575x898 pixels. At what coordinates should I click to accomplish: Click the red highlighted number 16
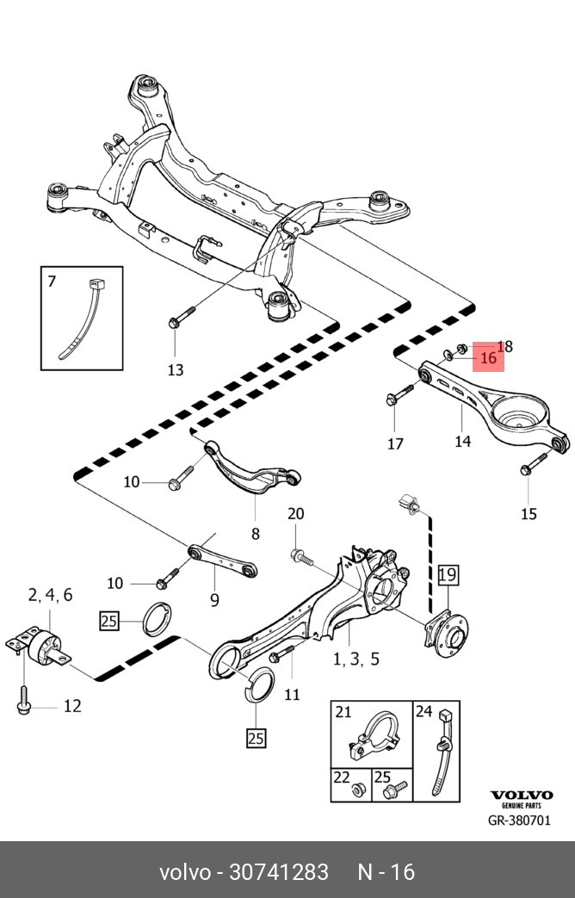pyautogui.click(x=488, y=357)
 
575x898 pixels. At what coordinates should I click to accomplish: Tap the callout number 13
pyautogui.click(x=175, y=370)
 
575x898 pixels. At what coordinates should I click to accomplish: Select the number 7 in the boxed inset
pyautogui.click(x=52, y=281)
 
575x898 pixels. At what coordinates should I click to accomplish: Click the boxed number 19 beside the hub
pyautogui.click(x=449, y=574)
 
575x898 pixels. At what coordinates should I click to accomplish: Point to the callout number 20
pyautogui.click(x=295, y=514)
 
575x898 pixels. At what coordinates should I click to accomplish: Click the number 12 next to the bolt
pyautogui.click(x=72, y=706)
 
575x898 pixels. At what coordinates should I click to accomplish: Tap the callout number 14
pyautogui.click(x=463, y=441)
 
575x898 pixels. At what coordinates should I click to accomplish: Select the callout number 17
pyautogui.click(x=394, y=444)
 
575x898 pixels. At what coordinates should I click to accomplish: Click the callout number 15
pyautogui.click(x=529, y=514)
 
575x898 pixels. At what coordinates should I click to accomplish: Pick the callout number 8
pyautogui.click(x=255, y=534)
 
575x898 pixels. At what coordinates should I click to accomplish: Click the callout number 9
pyautogui.click(x=214, y=599)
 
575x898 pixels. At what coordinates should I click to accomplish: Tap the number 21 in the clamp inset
pyautogui.click(x=343, y=712)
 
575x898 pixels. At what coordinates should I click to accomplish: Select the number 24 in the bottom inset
pyautogui.click(x=424, y=711)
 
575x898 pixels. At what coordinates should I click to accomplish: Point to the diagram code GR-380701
pyautogui.click(x=519, y=820)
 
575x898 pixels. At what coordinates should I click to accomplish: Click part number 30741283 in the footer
pyautogui.click(x=278, y=872)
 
